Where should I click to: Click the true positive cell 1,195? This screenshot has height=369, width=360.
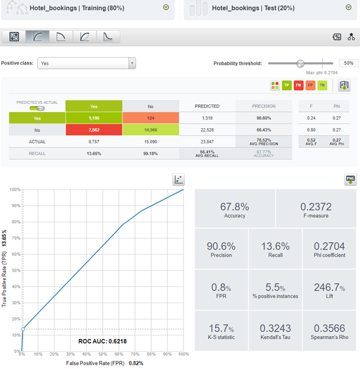click(93, 118)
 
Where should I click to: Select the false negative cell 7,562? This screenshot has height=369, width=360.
click(93, 130)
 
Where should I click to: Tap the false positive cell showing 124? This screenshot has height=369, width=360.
click(151, 118)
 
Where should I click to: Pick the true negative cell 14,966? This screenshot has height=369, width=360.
click(151, 130)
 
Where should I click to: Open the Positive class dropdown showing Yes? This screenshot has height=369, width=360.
click(86, 64)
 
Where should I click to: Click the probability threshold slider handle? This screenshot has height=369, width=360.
click(300, 63)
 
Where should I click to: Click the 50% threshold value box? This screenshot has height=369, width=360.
click(348, 63)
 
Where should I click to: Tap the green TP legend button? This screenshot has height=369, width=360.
click(287, 85)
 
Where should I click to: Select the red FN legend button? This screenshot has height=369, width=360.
click(298, 85)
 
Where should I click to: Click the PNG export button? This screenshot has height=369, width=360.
click(350, 179)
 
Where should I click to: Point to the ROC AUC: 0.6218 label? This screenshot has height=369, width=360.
click(102, 341)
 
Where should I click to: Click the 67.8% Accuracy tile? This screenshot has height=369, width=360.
click(234, 210)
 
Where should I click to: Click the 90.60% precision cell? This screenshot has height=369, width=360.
click(264, 118)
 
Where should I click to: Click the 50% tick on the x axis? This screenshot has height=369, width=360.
click(103, 354)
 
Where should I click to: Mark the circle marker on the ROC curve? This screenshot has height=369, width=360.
click(22, 329)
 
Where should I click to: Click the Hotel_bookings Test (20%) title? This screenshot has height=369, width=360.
click(254, 8)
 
